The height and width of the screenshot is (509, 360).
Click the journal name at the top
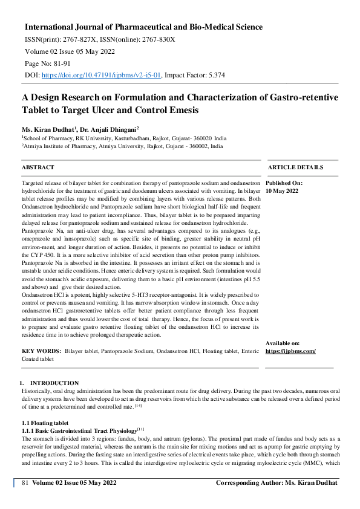(x=143, y=27)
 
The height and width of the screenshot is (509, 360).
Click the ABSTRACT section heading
(x=38, y=167)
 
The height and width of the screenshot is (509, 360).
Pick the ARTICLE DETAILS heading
(x=295, y=167)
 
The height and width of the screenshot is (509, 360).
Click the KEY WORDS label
(x=41, y=351)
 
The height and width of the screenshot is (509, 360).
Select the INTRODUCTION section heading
(x=54, y=383)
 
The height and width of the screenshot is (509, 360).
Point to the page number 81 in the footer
(x=25, y=482)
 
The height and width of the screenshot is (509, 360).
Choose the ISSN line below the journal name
(x=100, y=39)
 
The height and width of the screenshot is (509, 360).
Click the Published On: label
(x=284, y=183)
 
